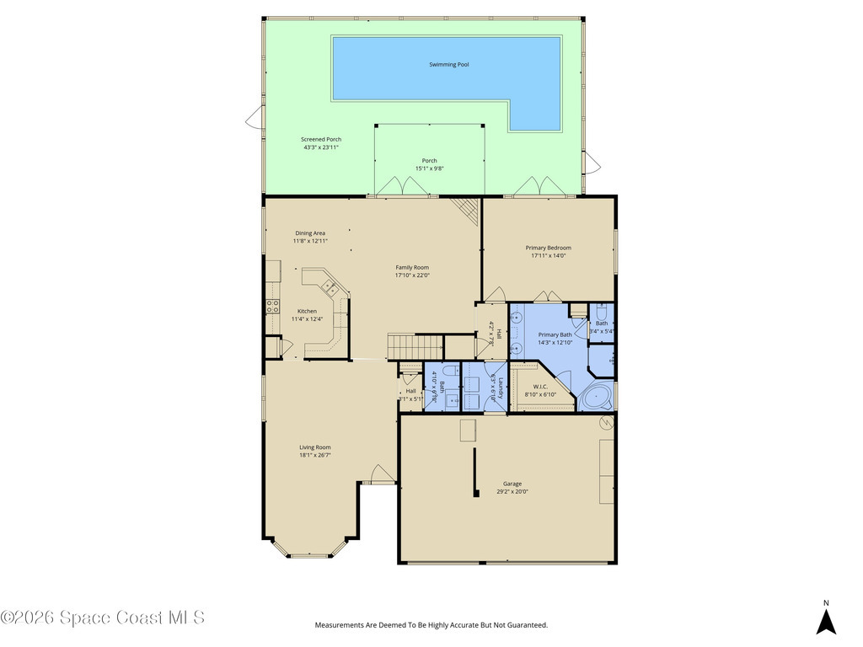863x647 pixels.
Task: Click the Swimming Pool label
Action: [x=448, y=65]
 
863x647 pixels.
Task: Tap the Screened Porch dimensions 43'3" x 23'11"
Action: [x=321, y=147]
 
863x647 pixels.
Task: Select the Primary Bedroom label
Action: [x=548, y=248]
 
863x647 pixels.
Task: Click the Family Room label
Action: [x=412, y=267]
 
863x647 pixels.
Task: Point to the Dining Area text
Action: [x=310, y=233]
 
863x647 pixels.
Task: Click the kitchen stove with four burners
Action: [x=273, y=307]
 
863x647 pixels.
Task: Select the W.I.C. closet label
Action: [x=540, y=387]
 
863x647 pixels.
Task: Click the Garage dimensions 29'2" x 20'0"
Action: [x=512, y=491]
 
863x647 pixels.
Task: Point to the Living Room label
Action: [x=315, y=447]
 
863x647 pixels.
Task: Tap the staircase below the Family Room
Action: [x=415, y=345]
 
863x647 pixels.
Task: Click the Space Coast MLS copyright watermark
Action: [x=102, y=618]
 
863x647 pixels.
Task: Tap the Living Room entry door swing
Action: [x=381, y=473]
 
